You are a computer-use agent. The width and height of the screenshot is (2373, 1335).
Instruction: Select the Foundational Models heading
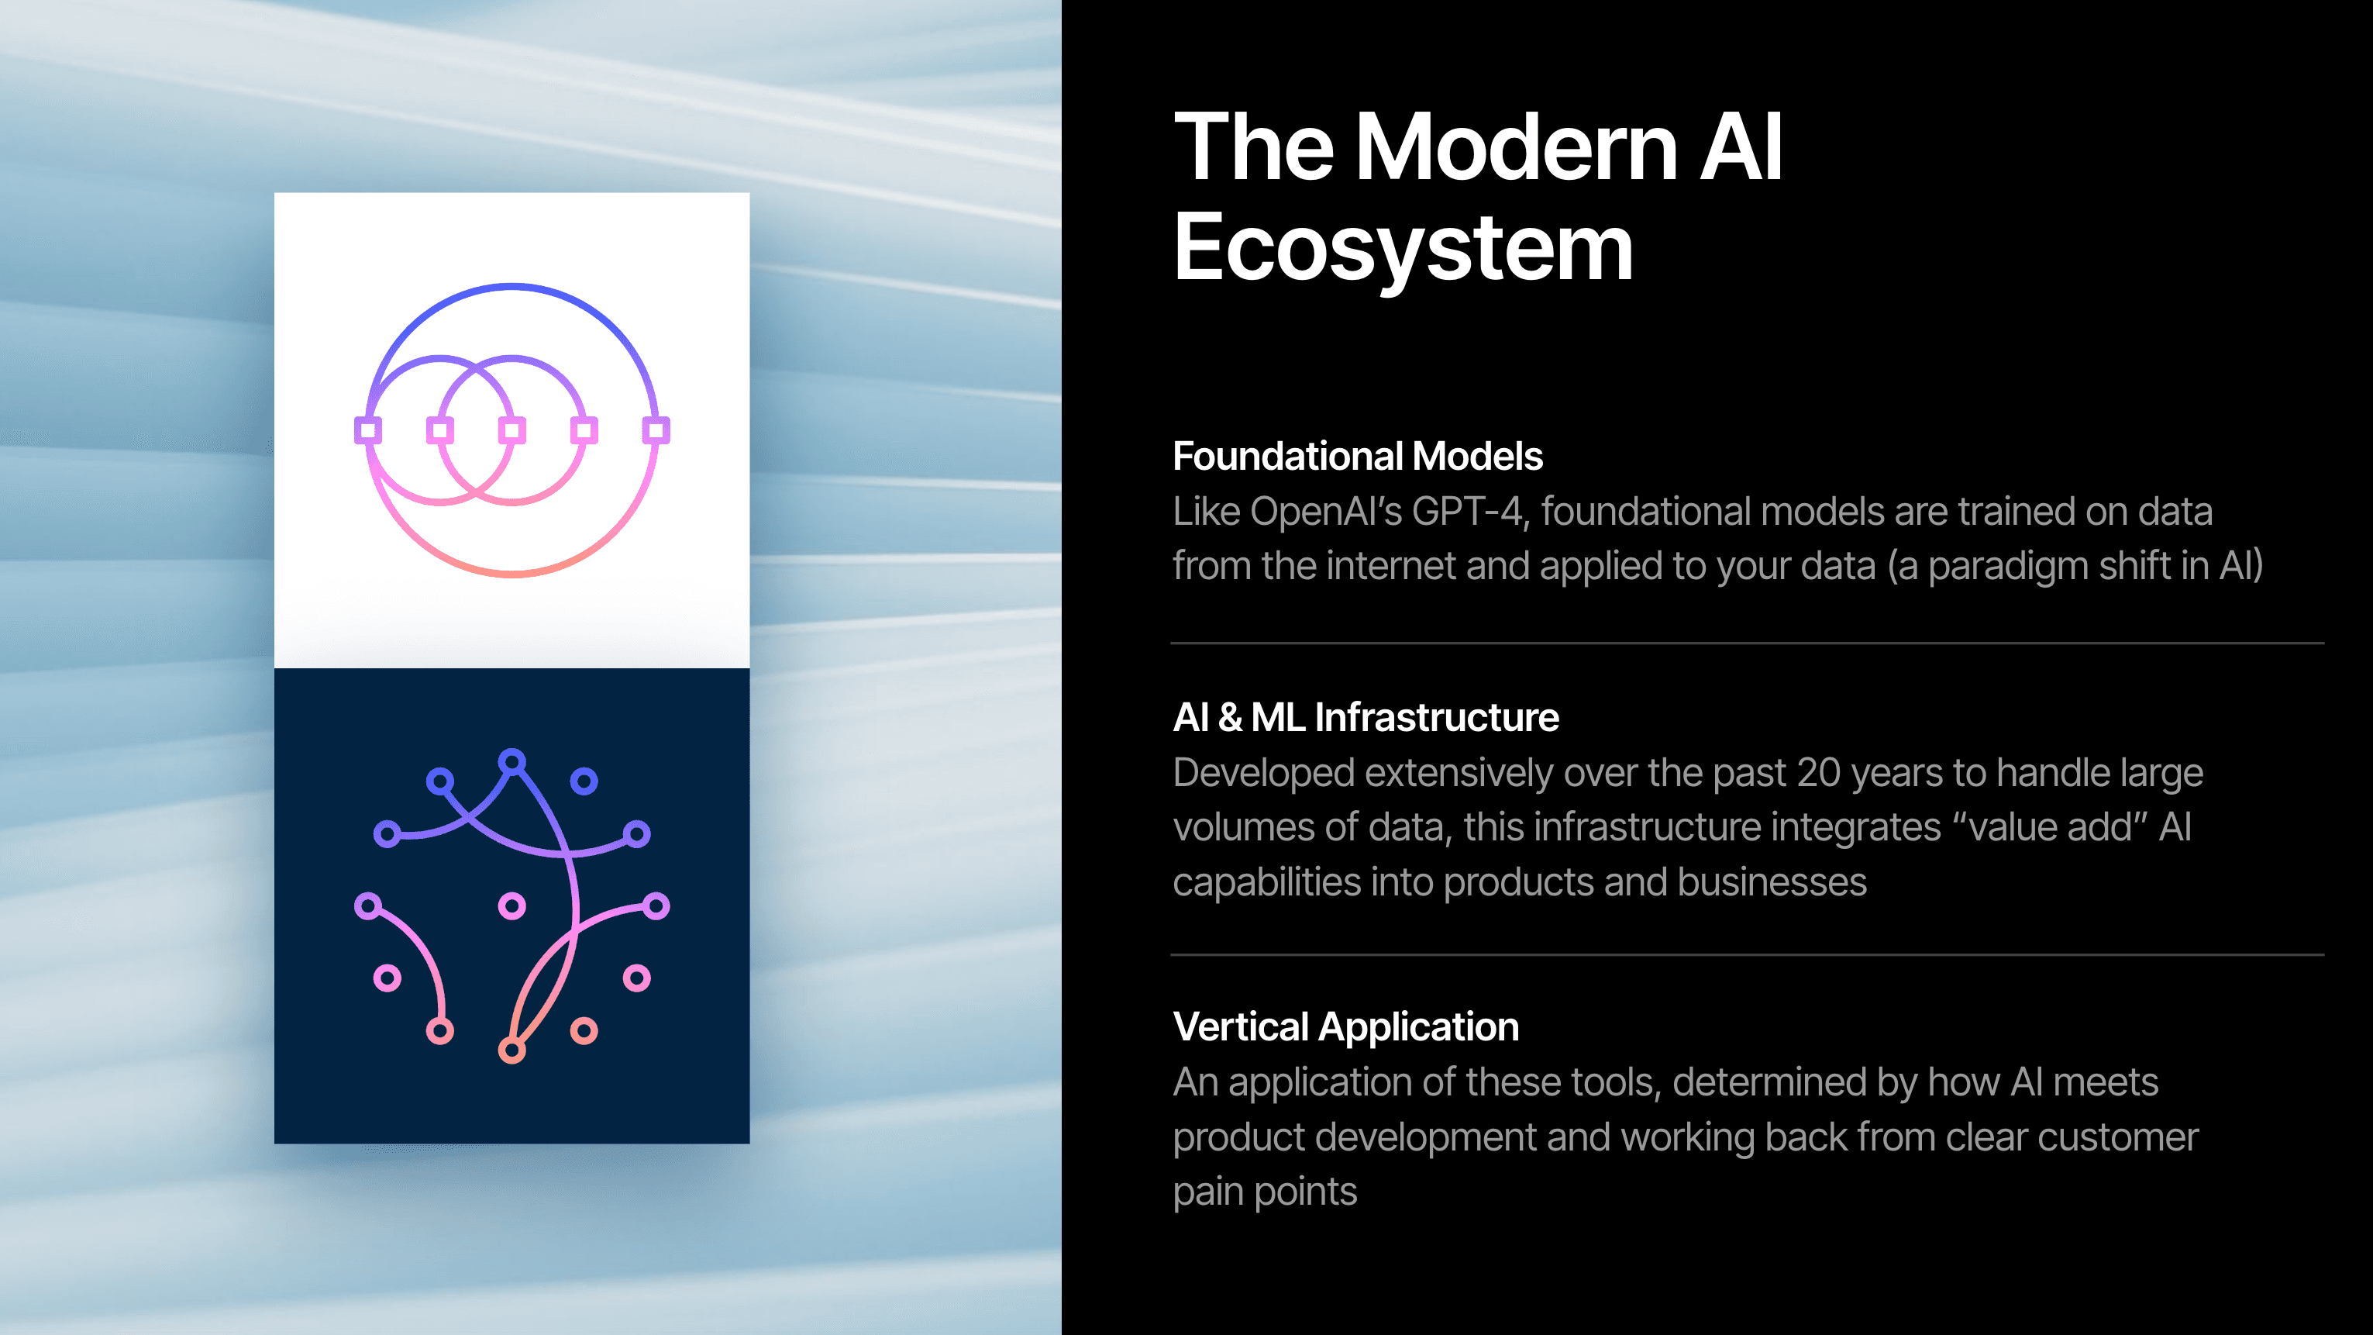click(1357, 456)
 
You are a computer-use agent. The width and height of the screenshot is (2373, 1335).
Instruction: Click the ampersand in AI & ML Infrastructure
click(1230, 718)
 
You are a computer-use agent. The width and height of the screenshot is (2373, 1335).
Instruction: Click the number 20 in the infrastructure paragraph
click(1818, 773)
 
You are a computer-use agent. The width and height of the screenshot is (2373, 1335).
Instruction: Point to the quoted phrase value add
click(2051, 827)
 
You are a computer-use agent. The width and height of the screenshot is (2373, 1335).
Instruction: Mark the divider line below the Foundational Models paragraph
click(1748, 643)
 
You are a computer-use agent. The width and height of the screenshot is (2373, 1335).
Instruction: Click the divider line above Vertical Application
click(1748, 955)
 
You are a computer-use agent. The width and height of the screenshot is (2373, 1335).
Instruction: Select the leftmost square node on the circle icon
click(368, 430)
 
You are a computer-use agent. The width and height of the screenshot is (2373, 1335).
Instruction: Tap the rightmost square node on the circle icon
click(656, 430)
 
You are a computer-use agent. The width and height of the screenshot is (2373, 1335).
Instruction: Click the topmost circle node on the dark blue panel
click(512, 762)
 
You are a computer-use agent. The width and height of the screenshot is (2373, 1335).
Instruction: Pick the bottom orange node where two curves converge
click(512, 1050)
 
